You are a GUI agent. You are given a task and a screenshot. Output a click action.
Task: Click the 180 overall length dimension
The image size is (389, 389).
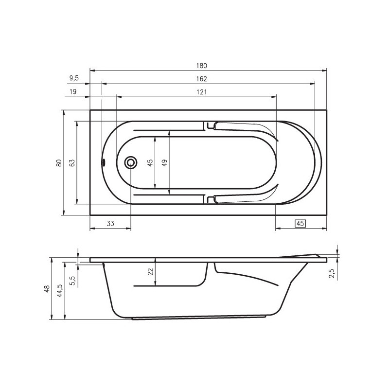point(201,66)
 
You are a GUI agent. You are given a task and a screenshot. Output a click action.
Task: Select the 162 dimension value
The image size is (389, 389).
point(201,79)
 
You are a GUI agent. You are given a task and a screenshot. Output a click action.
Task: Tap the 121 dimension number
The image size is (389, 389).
point(202,92)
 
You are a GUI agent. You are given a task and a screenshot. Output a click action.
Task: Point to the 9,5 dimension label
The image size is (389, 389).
point(74,78)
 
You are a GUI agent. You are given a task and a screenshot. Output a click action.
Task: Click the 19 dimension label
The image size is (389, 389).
point(73,92)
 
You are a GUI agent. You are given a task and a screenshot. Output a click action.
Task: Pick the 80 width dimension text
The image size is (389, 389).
point(59,163)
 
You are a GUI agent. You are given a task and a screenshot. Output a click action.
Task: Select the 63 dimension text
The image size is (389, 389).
point(71,163)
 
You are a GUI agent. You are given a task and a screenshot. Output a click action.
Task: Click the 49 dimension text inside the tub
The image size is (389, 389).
point(164,163)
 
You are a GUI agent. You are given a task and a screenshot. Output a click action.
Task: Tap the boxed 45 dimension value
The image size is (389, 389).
point(300,224)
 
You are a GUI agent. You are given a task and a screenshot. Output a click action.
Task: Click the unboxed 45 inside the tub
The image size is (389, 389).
point(150,163)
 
